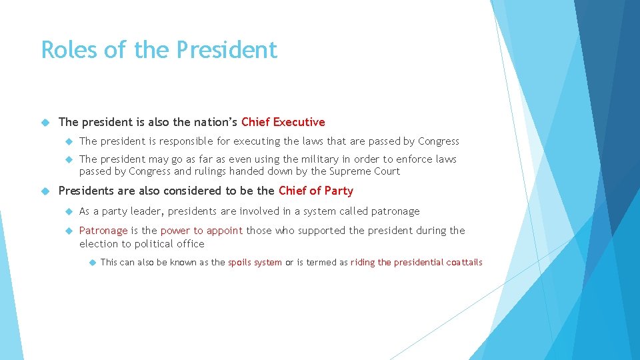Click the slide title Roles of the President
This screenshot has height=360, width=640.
coord(159,50)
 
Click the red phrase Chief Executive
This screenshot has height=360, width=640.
coord(283,122)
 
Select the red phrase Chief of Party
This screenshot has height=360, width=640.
coord(315,191)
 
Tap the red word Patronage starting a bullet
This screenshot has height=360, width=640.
coord(103,231)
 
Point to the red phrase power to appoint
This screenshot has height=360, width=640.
coord(201,231)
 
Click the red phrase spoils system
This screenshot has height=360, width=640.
coord(255,262)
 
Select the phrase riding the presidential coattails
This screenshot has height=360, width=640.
coord(416,262)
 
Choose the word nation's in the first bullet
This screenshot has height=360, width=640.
coord(215,122)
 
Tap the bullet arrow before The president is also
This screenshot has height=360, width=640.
coord(45,122)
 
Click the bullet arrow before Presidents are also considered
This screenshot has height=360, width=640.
coord(45,191)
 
